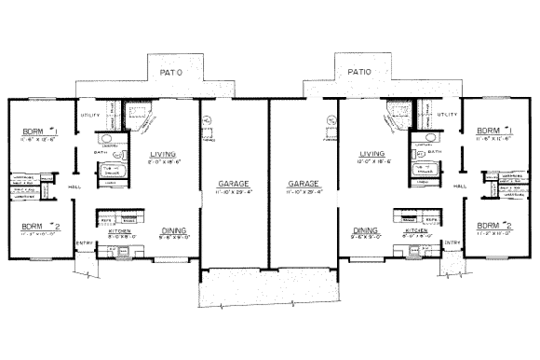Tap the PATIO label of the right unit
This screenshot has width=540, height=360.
click(360, 71)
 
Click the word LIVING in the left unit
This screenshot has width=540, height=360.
click(163, 152)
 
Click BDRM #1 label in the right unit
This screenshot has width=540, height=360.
click(493, 130)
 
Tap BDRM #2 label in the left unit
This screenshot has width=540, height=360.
click(37, 227)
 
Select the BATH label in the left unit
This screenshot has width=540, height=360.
click(100, 152)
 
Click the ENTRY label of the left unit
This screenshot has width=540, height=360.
click(85, 243)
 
